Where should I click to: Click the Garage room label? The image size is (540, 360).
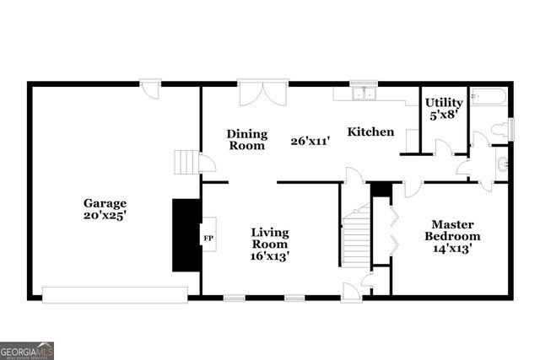[x=105, y=203]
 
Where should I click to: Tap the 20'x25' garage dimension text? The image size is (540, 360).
[x=105, y=215]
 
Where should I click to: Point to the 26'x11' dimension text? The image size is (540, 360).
[x=310, y=141]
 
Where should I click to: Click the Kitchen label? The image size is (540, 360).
[x=371, y=132]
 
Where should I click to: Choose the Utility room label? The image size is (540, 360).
[x=443, y=103]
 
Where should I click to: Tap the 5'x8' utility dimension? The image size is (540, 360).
[x=443, y=115]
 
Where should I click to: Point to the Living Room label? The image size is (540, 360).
[x=271, y=238]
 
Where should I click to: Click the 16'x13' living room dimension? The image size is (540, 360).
[x=271, y=256]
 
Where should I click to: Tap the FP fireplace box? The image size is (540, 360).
[x=208, y=239]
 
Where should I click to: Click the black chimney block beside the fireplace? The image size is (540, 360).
[x=186, y=235]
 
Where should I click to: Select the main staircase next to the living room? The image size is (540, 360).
[x=356, y=239]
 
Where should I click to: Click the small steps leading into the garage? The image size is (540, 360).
[x=186, y=162]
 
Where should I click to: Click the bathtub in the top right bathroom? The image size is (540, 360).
[x=489, y=97]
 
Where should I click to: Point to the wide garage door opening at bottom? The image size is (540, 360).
[x=115, y=295]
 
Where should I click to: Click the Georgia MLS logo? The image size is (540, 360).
[x=27, y=350]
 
